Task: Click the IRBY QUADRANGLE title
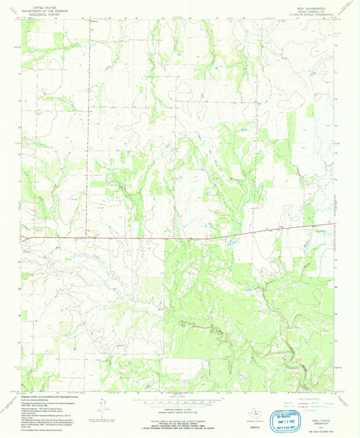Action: click(x=315, y=4)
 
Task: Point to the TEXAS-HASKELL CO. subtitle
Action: click(x=315, y=8)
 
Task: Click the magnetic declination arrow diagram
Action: click(x=102, y=408)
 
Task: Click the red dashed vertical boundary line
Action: click(x=88, y=135)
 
